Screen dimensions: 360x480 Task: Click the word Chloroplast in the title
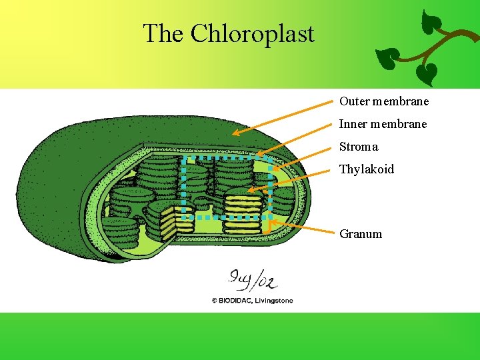point(253,33)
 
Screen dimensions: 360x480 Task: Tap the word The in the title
point(164,33)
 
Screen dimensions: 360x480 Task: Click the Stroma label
point(358,147)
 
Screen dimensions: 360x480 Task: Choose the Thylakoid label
point(366,169)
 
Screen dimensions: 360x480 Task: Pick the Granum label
point(361,234)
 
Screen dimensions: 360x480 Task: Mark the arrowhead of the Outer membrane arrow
point(234,133)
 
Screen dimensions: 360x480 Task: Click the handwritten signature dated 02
point(252,278)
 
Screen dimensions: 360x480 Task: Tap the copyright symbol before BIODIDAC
point(215,301)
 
